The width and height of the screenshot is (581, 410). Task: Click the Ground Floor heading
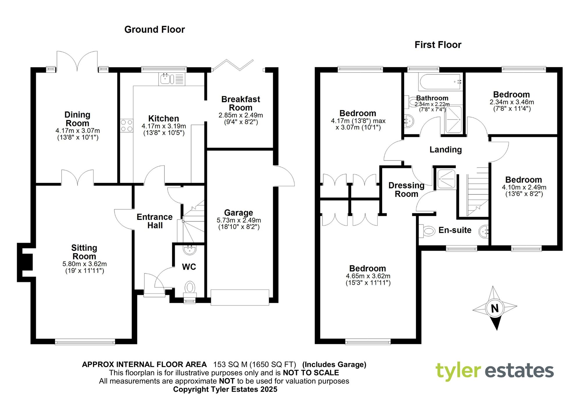click(155, 30)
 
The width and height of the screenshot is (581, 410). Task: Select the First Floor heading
click(438, 45)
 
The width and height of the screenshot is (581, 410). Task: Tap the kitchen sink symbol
click(165, 79)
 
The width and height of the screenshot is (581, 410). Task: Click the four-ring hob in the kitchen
click(127, 126)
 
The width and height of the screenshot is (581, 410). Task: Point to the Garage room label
click(239, 213)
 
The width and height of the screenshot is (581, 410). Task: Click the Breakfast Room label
click(241, 104)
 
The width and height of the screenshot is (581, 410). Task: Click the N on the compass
click(495, 308)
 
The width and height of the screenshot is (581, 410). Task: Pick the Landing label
click(446, 150)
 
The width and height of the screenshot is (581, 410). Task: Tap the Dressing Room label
click(406, 190)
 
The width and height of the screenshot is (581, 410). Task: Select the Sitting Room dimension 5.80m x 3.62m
click(85, 264)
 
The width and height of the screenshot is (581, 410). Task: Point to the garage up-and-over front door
click(240, 297)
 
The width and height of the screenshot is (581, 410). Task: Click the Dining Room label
click(77, 119)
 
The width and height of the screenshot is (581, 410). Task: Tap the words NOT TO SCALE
click(311, 373)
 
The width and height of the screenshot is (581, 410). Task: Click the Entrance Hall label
click(155, 221)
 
